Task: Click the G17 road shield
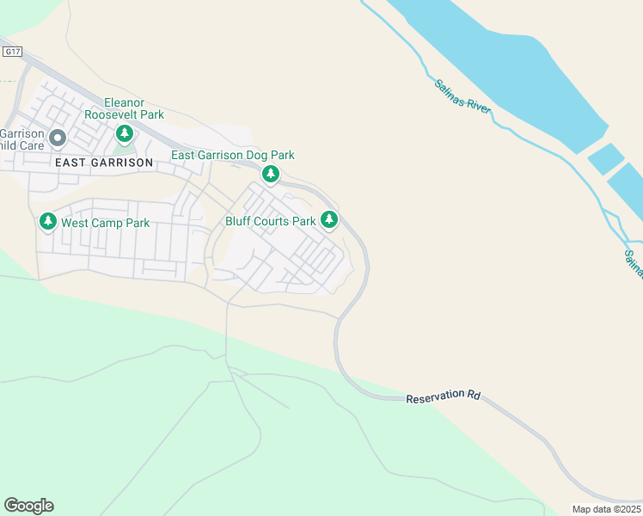pos(12,52)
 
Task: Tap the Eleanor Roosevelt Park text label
pos(124,108)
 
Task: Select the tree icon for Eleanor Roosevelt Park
pos(125,133)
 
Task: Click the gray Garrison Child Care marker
pos(58,138)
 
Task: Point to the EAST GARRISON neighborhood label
pos(103,163)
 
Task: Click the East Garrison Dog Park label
pos(233,156)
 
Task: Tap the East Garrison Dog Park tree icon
pos(271,175)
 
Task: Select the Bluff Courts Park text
pos(271,221)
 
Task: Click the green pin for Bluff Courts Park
pos(329,220)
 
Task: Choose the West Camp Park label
pos(106,224)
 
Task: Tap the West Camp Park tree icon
pos(48,223)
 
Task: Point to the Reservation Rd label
pos(443,397)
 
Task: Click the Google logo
pos(28,506)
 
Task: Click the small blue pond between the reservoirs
pos(605,158)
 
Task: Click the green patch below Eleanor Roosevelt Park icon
pos(125,151)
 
